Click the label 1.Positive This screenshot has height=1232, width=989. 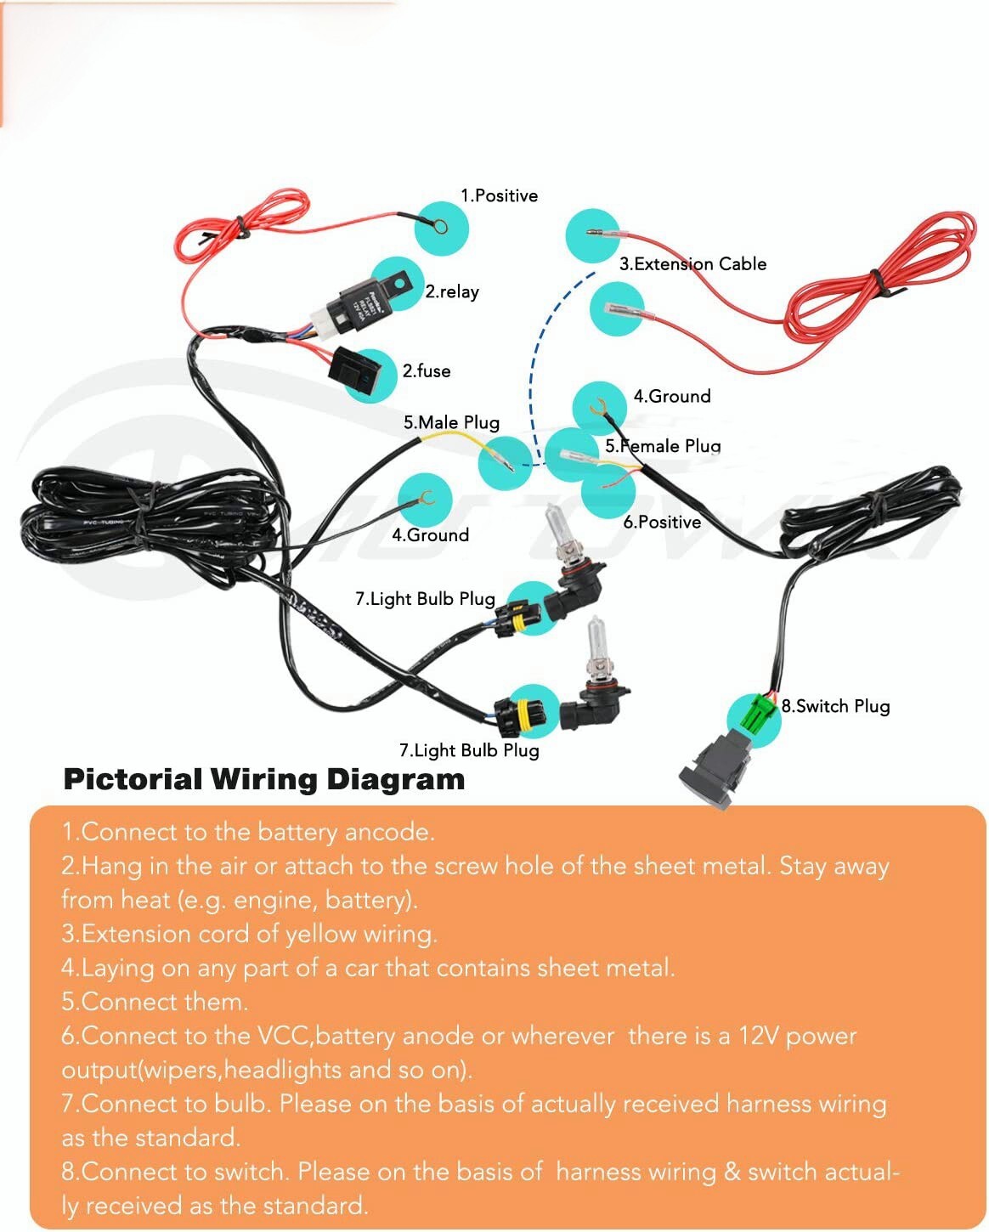coord(499,195)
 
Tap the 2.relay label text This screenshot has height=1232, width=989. coord(452,291)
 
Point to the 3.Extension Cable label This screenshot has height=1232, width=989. coord(692,263)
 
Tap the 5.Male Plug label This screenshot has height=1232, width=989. coord(451,422)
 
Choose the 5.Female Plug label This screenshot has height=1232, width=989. coord(663,445)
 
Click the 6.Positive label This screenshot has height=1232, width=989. coord(662,522)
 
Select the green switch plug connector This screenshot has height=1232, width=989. coord(758,714)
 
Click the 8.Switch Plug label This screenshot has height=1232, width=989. coord(835,706)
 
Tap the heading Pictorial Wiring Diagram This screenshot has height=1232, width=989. coord(264,779)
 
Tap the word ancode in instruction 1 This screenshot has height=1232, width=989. coord(391,832)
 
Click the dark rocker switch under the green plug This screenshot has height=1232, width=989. coord(718,765)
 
